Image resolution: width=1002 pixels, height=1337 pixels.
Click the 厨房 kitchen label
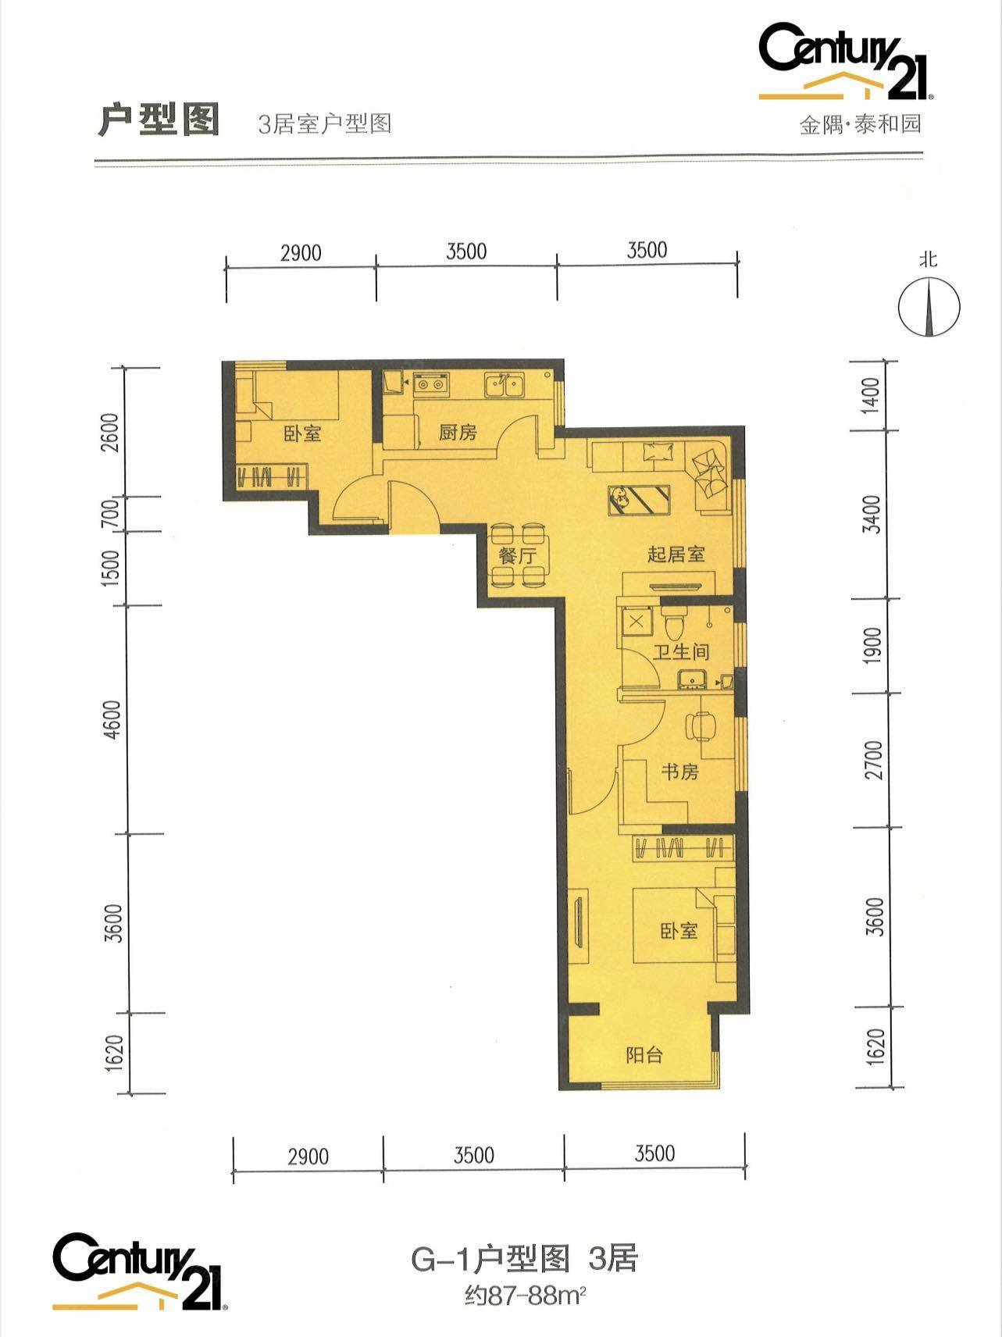coord(457,432)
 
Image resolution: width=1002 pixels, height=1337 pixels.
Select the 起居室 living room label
coord(676,554)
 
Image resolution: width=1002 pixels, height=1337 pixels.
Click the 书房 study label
coord(679,772)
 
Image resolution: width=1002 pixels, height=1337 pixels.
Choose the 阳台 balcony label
coord(644,1054)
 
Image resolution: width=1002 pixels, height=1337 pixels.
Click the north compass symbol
coord(929,307)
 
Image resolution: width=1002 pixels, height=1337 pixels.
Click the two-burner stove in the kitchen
coord(431,383)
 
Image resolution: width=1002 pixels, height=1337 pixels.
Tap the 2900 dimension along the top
coord(301,252)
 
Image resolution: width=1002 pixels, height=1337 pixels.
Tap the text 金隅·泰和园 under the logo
coord(860,123)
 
